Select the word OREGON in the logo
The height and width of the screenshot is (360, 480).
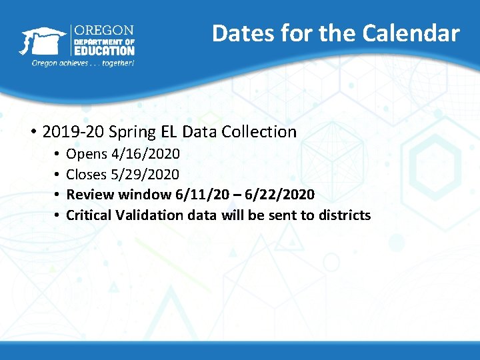click(x=103, y=31)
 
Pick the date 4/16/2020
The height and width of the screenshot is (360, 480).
click(x=145, y=154)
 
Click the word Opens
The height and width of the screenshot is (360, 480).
click(x=87, y=154)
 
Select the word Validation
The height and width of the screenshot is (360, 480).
click(x=149, y=215)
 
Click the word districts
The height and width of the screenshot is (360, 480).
click(x=345, y=215)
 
